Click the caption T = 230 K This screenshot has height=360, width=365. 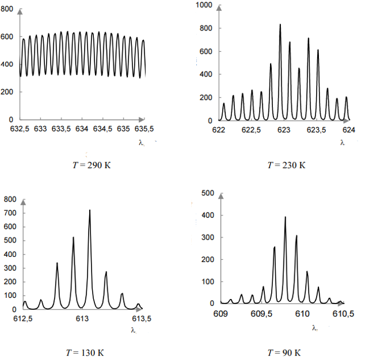click(x=286, y=165)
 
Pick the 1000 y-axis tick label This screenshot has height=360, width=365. click(x=204, y=5)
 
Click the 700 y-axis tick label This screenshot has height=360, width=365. click(x=10, y=213)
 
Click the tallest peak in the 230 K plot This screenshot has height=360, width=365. click(x=280, y=25)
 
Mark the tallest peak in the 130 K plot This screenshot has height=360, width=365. click(x=90, y=210)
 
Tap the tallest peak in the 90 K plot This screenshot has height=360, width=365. click(x=285, y=217)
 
